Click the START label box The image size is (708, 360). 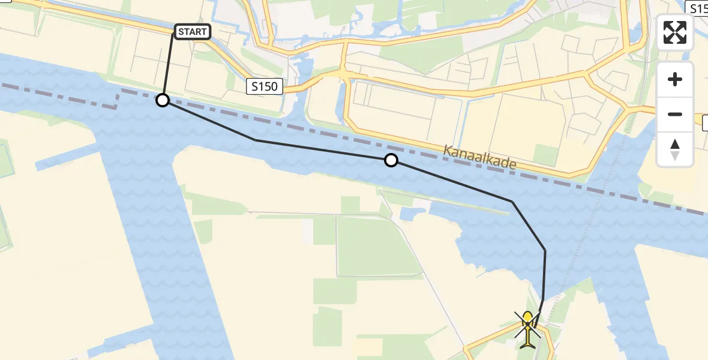click(x=192, y=32)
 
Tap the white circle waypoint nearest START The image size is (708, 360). click(x=163, y=100)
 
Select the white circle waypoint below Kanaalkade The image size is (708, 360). click(x=391, y=160)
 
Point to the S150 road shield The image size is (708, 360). click(x=265, y=86)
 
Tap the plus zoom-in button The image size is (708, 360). click(x=675, y=79)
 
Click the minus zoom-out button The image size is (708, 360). click(x=675, y=114)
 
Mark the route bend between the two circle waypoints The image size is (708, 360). click(x=256, y=140)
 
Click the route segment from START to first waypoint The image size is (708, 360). click(x=169, y=66)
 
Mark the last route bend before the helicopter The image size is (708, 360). click(x=545, y=250)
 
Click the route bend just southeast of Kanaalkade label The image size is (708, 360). click(x=512, y=202)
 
